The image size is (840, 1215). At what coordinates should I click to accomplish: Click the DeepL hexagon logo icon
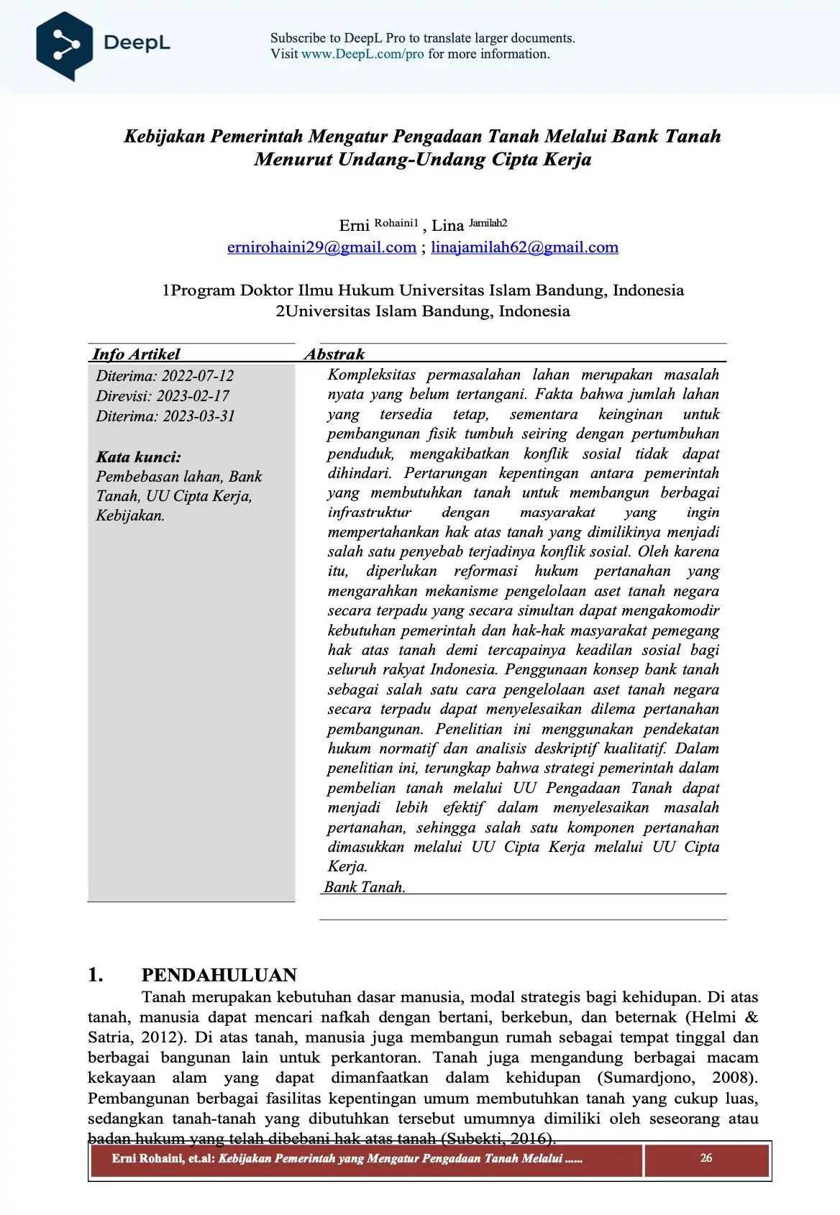click(x=65, y=45)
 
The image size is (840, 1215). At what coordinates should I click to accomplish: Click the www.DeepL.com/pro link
click(x=362, y=54)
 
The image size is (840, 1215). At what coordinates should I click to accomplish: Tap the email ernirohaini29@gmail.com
click(x=321, y=247)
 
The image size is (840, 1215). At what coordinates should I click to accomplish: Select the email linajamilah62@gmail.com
click(x=524, y=247)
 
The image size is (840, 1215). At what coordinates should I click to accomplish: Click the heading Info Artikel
click(x=136, y=354)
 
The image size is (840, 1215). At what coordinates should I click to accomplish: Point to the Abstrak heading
click(x=334, y=354)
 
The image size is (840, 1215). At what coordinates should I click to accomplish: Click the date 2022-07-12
click(x=198, y=376)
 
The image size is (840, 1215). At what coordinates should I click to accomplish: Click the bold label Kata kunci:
click(x=139, y=457)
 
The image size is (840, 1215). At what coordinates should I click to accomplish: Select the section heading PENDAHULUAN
click(x=219, y=975)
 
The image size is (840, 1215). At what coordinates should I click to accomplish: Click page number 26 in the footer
click(x=706, y=1157)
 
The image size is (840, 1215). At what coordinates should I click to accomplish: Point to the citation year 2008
click(x=733, y=1078)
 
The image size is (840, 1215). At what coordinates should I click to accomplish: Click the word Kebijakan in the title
click(x=165, y=136)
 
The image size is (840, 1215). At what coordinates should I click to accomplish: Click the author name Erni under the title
click(x=354, y=226)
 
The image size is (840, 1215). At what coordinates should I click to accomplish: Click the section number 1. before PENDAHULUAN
click(x=96, y=975)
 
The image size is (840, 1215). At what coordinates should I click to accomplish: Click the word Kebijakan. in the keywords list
click(x=130, y=515)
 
